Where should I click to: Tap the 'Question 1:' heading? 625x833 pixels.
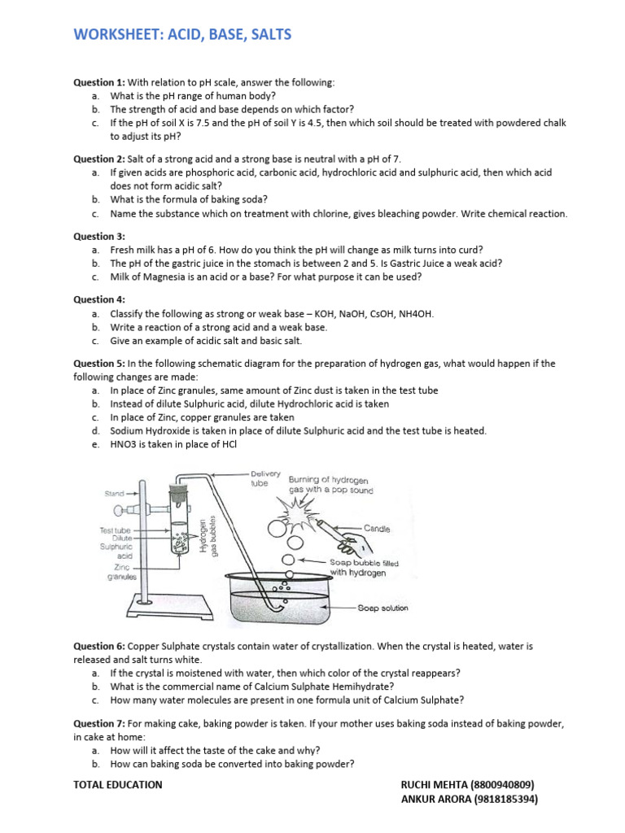(x=99, y=82)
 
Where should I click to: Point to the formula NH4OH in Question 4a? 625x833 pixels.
(x=415, y=313)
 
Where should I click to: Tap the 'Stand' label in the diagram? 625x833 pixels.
(x=113, y=494)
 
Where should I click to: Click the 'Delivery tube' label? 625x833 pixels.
(x=265, y=478)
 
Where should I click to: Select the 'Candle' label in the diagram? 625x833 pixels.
(x=375, y=529)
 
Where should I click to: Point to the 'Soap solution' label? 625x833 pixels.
(x=383, y=608)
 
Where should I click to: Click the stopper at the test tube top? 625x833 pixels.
(x=178, y=485)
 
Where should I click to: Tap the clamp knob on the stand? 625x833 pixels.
(x=121, y=511)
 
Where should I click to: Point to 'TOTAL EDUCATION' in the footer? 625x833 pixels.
(x=117, y=785)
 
